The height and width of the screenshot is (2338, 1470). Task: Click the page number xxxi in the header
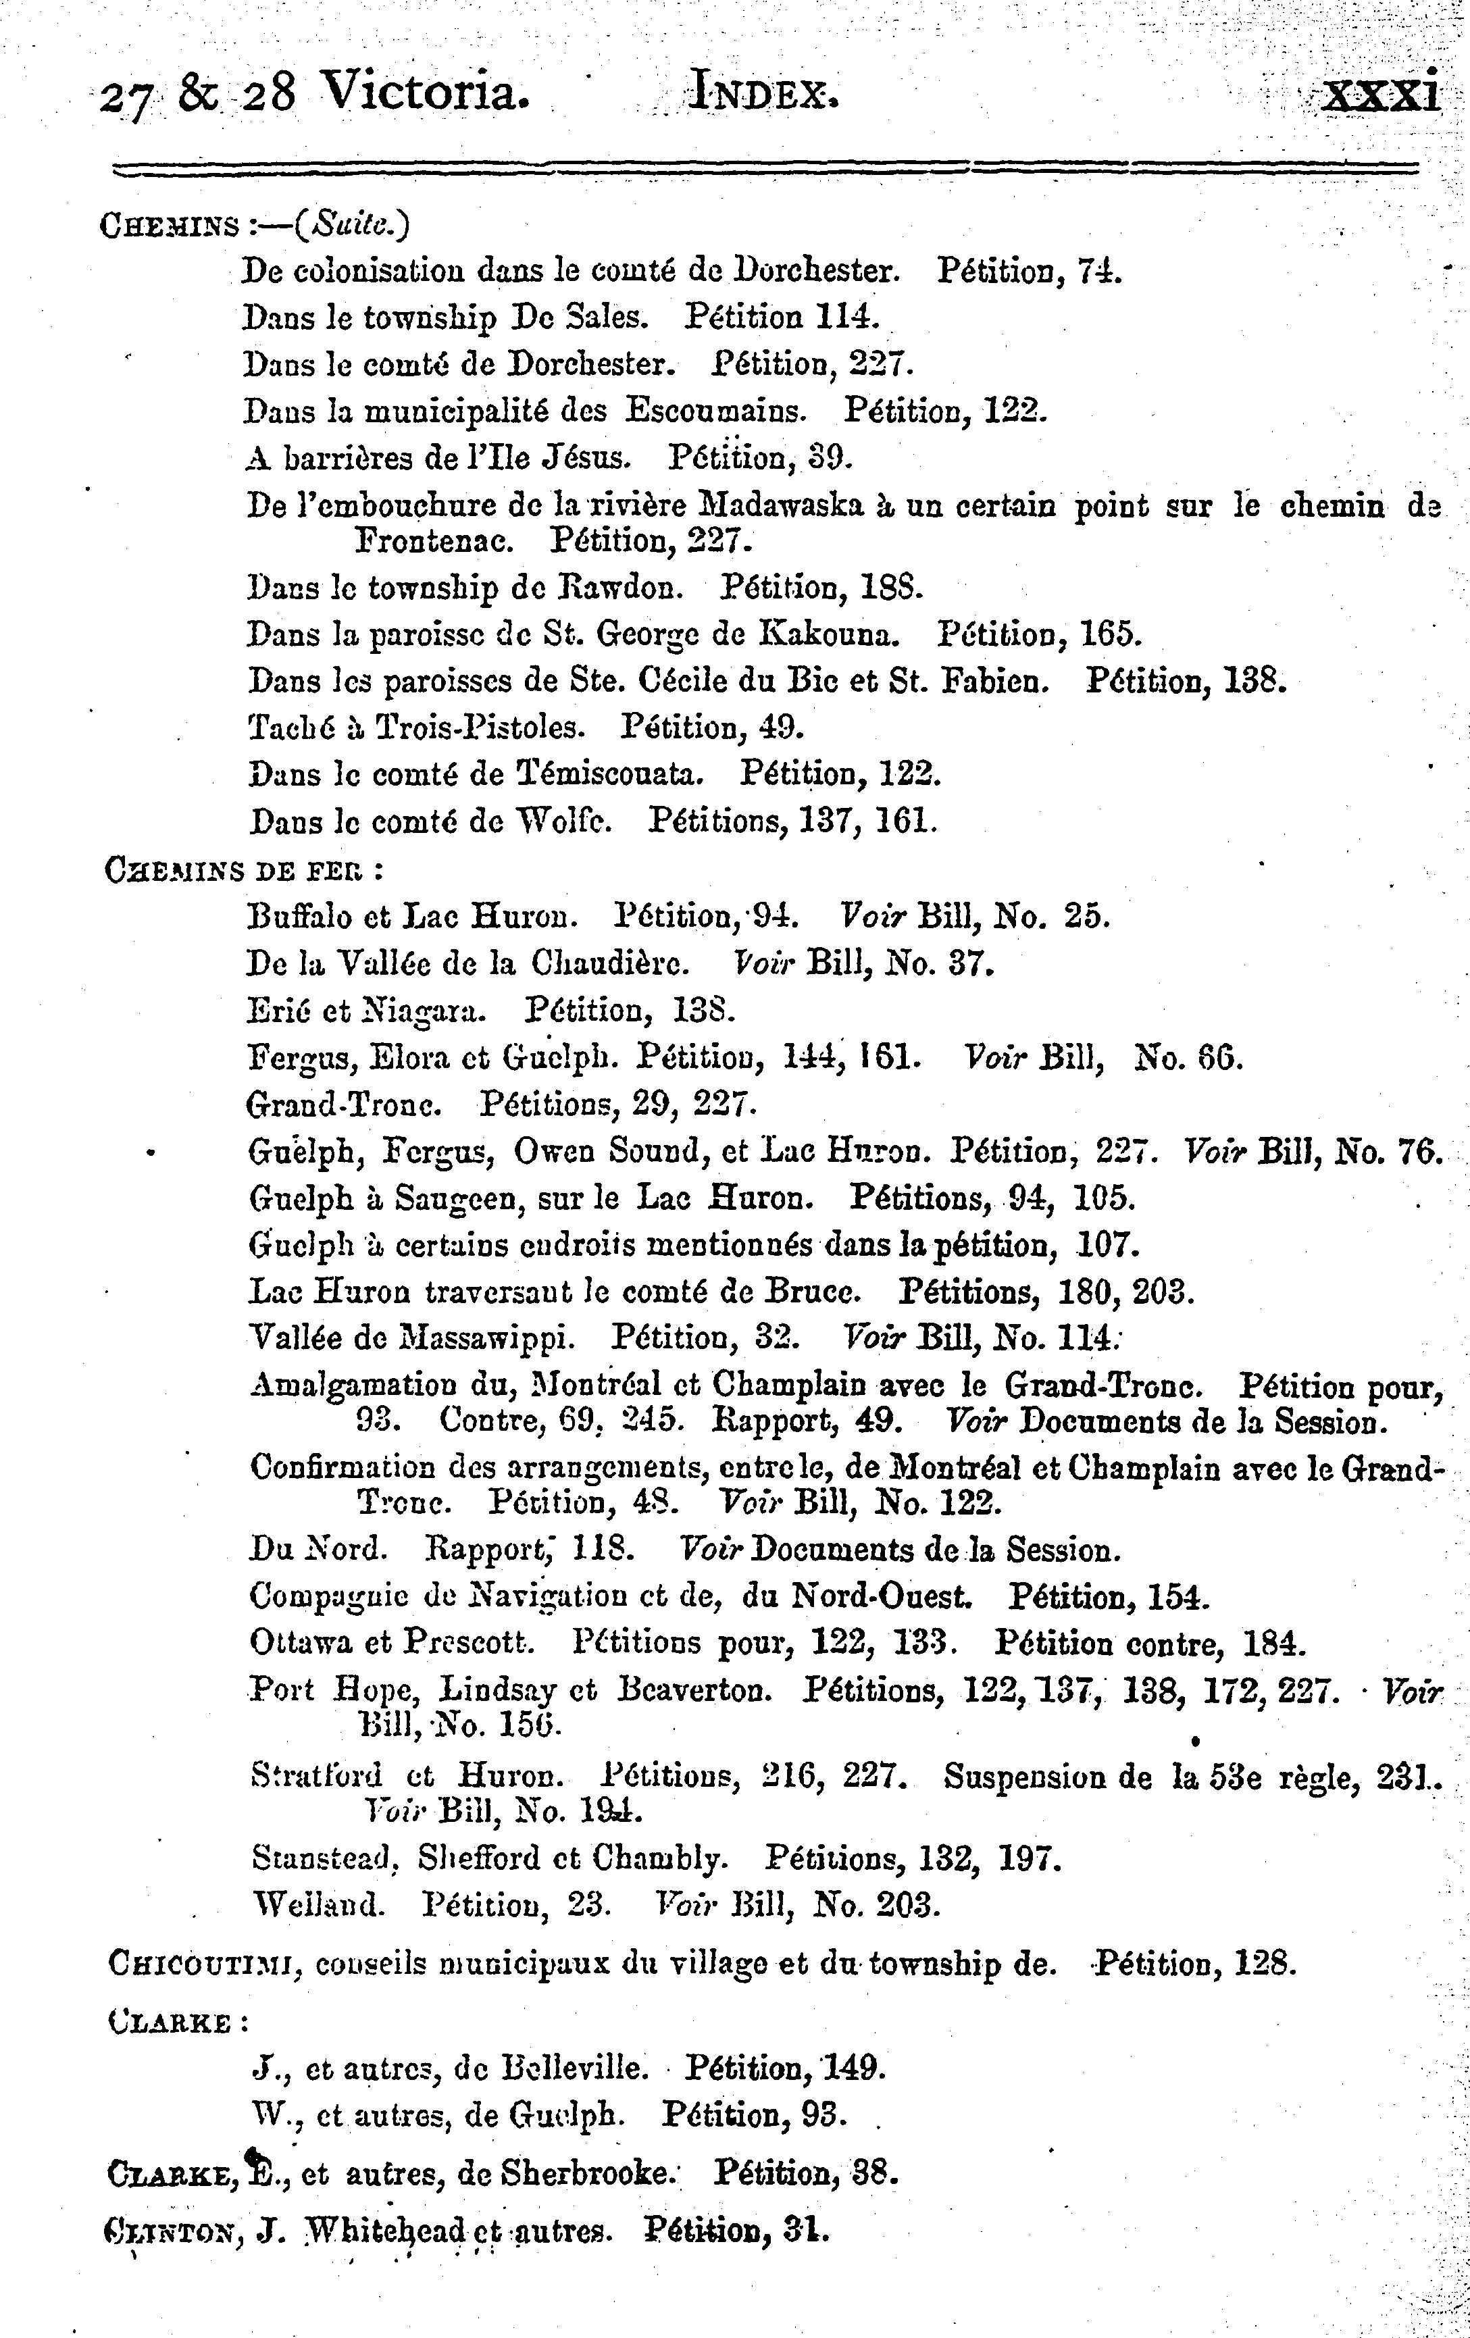[x=1382, y=95]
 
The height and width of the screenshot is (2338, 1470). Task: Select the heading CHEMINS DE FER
[x=243, y=867]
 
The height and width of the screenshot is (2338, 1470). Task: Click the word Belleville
[x=575, y=2068]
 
